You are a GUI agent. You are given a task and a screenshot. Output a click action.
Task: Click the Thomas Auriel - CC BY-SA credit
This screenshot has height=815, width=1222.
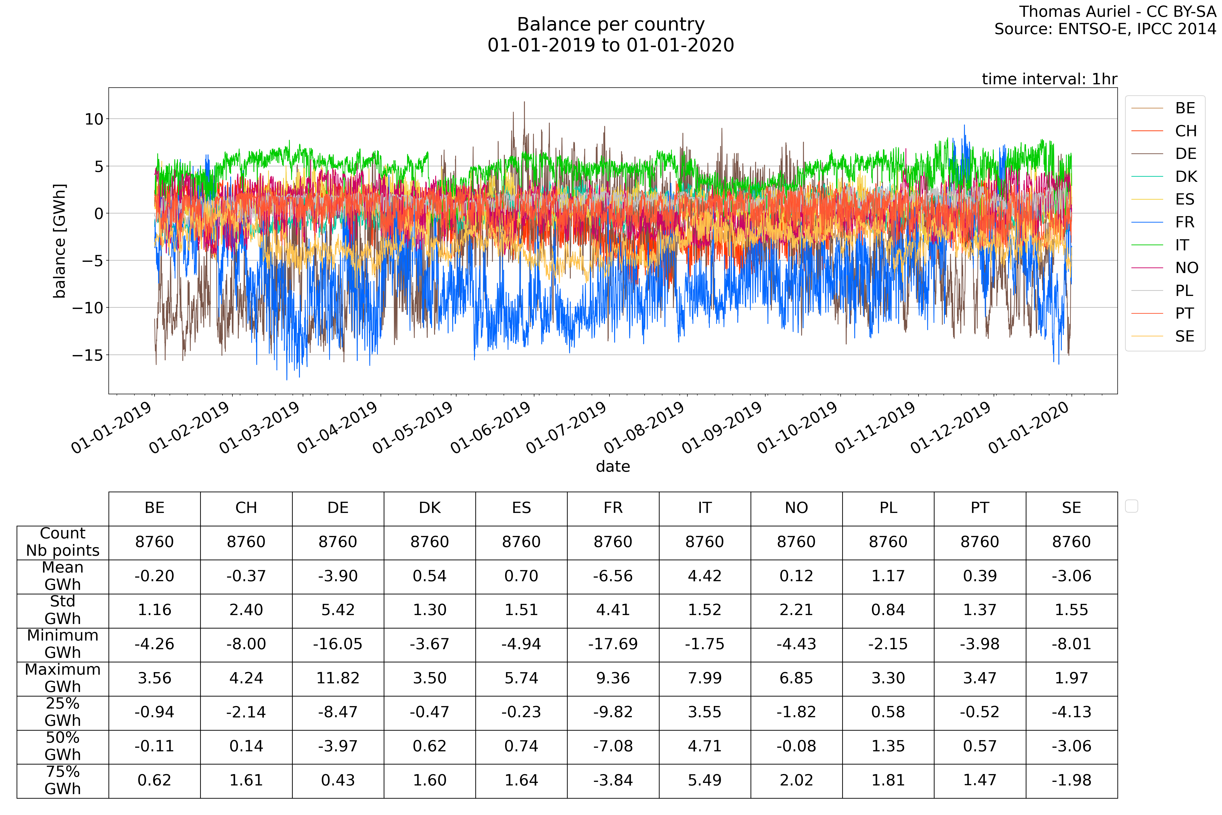pos(1117,11)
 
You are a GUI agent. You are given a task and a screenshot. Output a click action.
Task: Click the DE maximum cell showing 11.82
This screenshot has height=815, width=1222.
pos(338,678)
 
